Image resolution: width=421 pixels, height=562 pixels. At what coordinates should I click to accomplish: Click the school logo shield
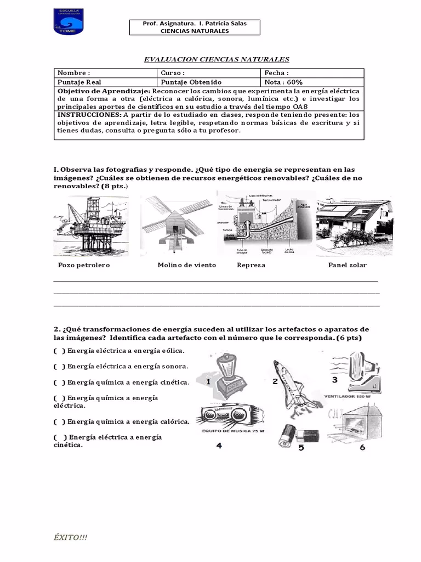tap(68, 21)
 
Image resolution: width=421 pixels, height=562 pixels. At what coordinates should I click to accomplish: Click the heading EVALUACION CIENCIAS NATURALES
tap(216, 59)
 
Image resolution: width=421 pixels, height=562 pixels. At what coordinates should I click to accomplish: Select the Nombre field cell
tap(105, 73)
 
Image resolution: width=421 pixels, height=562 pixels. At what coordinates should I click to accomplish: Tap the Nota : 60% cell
tap(311, 82)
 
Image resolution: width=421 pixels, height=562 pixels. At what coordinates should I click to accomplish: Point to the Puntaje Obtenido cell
tap(208, 82)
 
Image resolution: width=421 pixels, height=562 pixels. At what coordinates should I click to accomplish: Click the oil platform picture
tap(90, 226)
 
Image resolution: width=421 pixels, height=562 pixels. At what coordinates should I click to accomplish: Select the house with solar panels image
tap(354, 223)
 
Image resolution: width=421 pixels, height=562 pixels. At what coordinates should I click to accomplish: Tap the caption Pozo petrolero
tap(84, 265)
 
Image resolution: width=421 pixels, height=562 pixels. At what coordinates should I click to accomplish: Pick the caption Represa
tap(251, 265)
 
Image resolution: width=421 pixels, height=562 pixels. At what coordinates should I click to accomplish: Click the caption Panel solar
tap(347, 265)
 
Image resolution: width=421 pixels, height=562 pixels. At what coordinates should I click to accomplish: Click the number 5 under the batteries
tap(301, 448)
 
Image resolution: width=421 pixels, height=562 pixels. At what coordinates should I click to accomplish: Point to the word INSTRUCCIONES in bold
tap(89, 115)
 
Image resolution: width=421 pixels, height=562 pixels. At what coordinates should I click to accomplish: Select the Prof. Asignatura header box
tap(195, 27)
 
